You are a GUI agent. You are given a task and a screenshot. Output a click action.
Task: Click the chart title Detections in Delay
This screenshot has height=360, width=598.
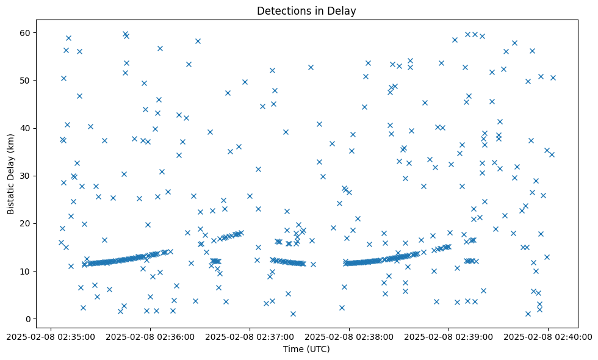tap(306, 10)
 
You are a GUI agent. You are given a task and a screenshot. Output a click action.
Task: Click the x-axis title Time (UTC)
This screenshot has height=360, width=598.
tap(306, 349)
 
